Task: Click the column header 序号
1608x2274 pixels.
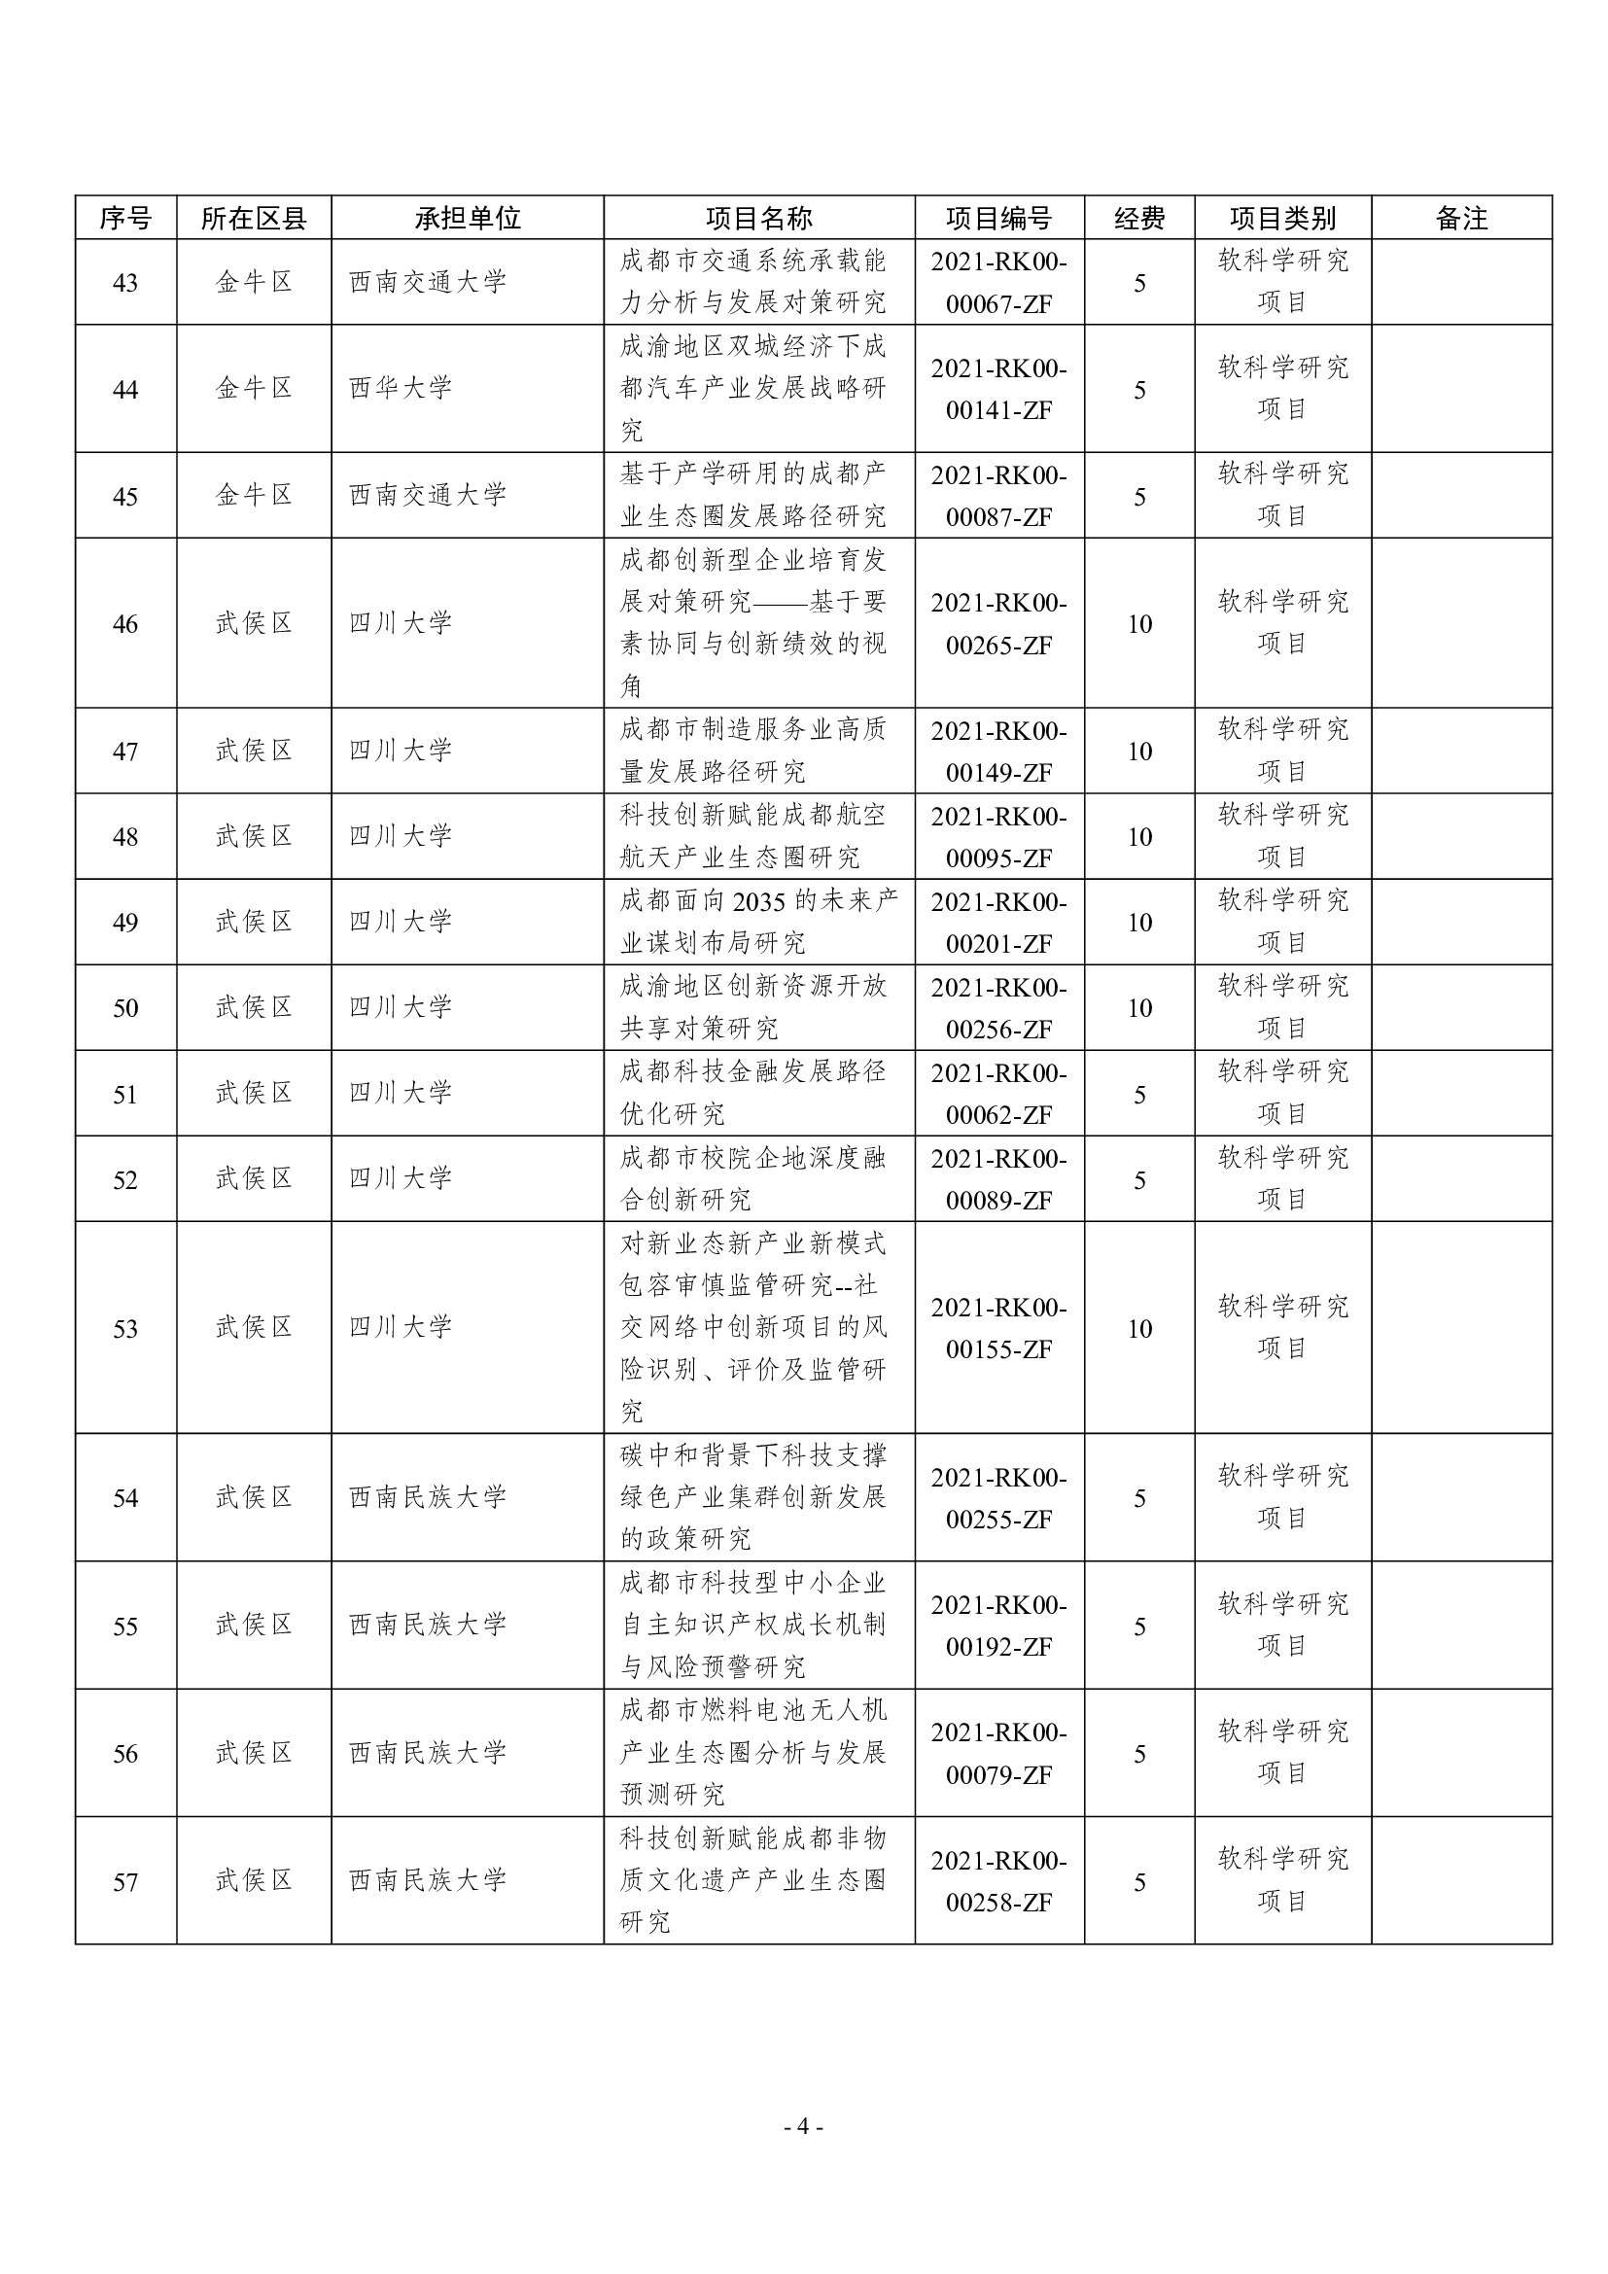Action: click(125, 218)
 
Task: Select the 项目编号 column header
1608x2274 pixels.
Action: click(998, 218)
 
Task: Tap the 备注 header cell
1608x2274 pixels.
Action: click(1460, 218)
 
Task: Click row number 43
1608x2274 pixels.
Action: click(125, 283)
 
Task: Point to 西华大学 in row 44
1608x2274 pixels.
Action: click(401, 388)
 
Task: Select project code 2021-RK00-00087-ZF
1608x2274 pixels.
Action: click(998, 496)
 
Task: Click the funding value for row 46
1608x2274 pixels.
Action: click(1138, 624)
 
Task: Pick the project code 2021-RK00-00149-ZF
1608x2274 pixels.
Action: click(998, 752)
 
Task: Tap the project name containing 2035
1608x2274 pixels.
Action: click(758, 922)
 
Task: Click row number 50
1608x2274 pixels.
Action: click(125, 1008)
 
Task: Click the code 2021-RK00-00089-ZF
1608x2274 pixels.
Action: click(998, 1179)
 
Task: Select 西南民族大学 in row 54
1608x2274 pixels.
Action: click(428, 1497)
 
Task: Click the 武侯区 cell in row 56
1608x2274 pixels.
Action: click(255, 1754)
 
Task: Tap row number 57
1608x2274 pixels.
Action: click(125, 1882)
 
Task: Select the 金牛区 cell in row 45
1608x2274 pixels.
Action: click(255, 496)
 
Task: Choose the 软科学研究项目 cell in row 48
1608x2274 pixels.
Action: click(1282, 837)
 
